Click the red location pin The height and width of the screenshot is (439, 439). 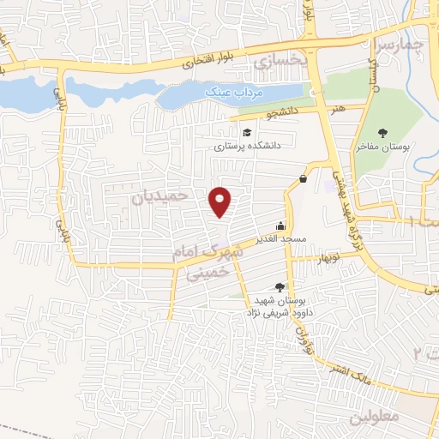click(x=221, y=201)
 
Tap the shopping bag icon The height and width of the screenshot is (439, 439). click(x=304, y=178)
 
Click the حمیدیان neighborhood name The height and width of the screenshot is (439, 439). click(x=159, y=196)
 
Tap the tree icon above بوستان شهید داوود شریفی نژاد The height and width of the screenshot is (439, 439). click(x=277, y=288)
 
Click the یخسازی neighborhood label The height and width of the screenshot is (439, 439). click(x=278, y=61)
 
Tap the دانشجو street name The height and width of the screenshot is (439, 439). click(x=284, y=112)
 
